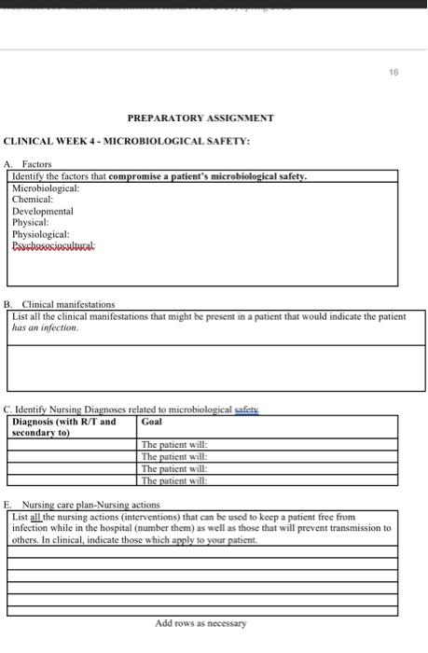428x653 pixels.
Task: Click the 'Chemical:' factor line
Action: [33, 200]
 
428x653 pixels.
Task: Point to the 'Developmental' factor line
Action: [42, 212]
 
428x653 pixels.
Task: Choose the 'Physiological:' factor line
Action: [40, 234]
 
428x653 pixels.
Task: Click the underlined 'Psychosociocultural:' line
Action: [53, 246]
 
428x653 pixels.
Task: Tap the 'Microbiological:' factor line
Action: [46, 188]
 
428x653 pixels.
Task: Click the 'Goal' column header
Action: [152, 422]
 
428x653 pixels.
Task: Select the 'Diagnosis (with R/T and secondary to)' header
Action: [64, 427]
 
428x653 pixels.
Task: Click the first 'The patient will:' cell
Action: [174, 445]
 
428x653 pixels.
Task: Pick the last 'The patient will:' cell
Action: [174, 481]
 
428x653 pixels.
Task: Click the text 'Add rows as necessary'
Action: [200, 623]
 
